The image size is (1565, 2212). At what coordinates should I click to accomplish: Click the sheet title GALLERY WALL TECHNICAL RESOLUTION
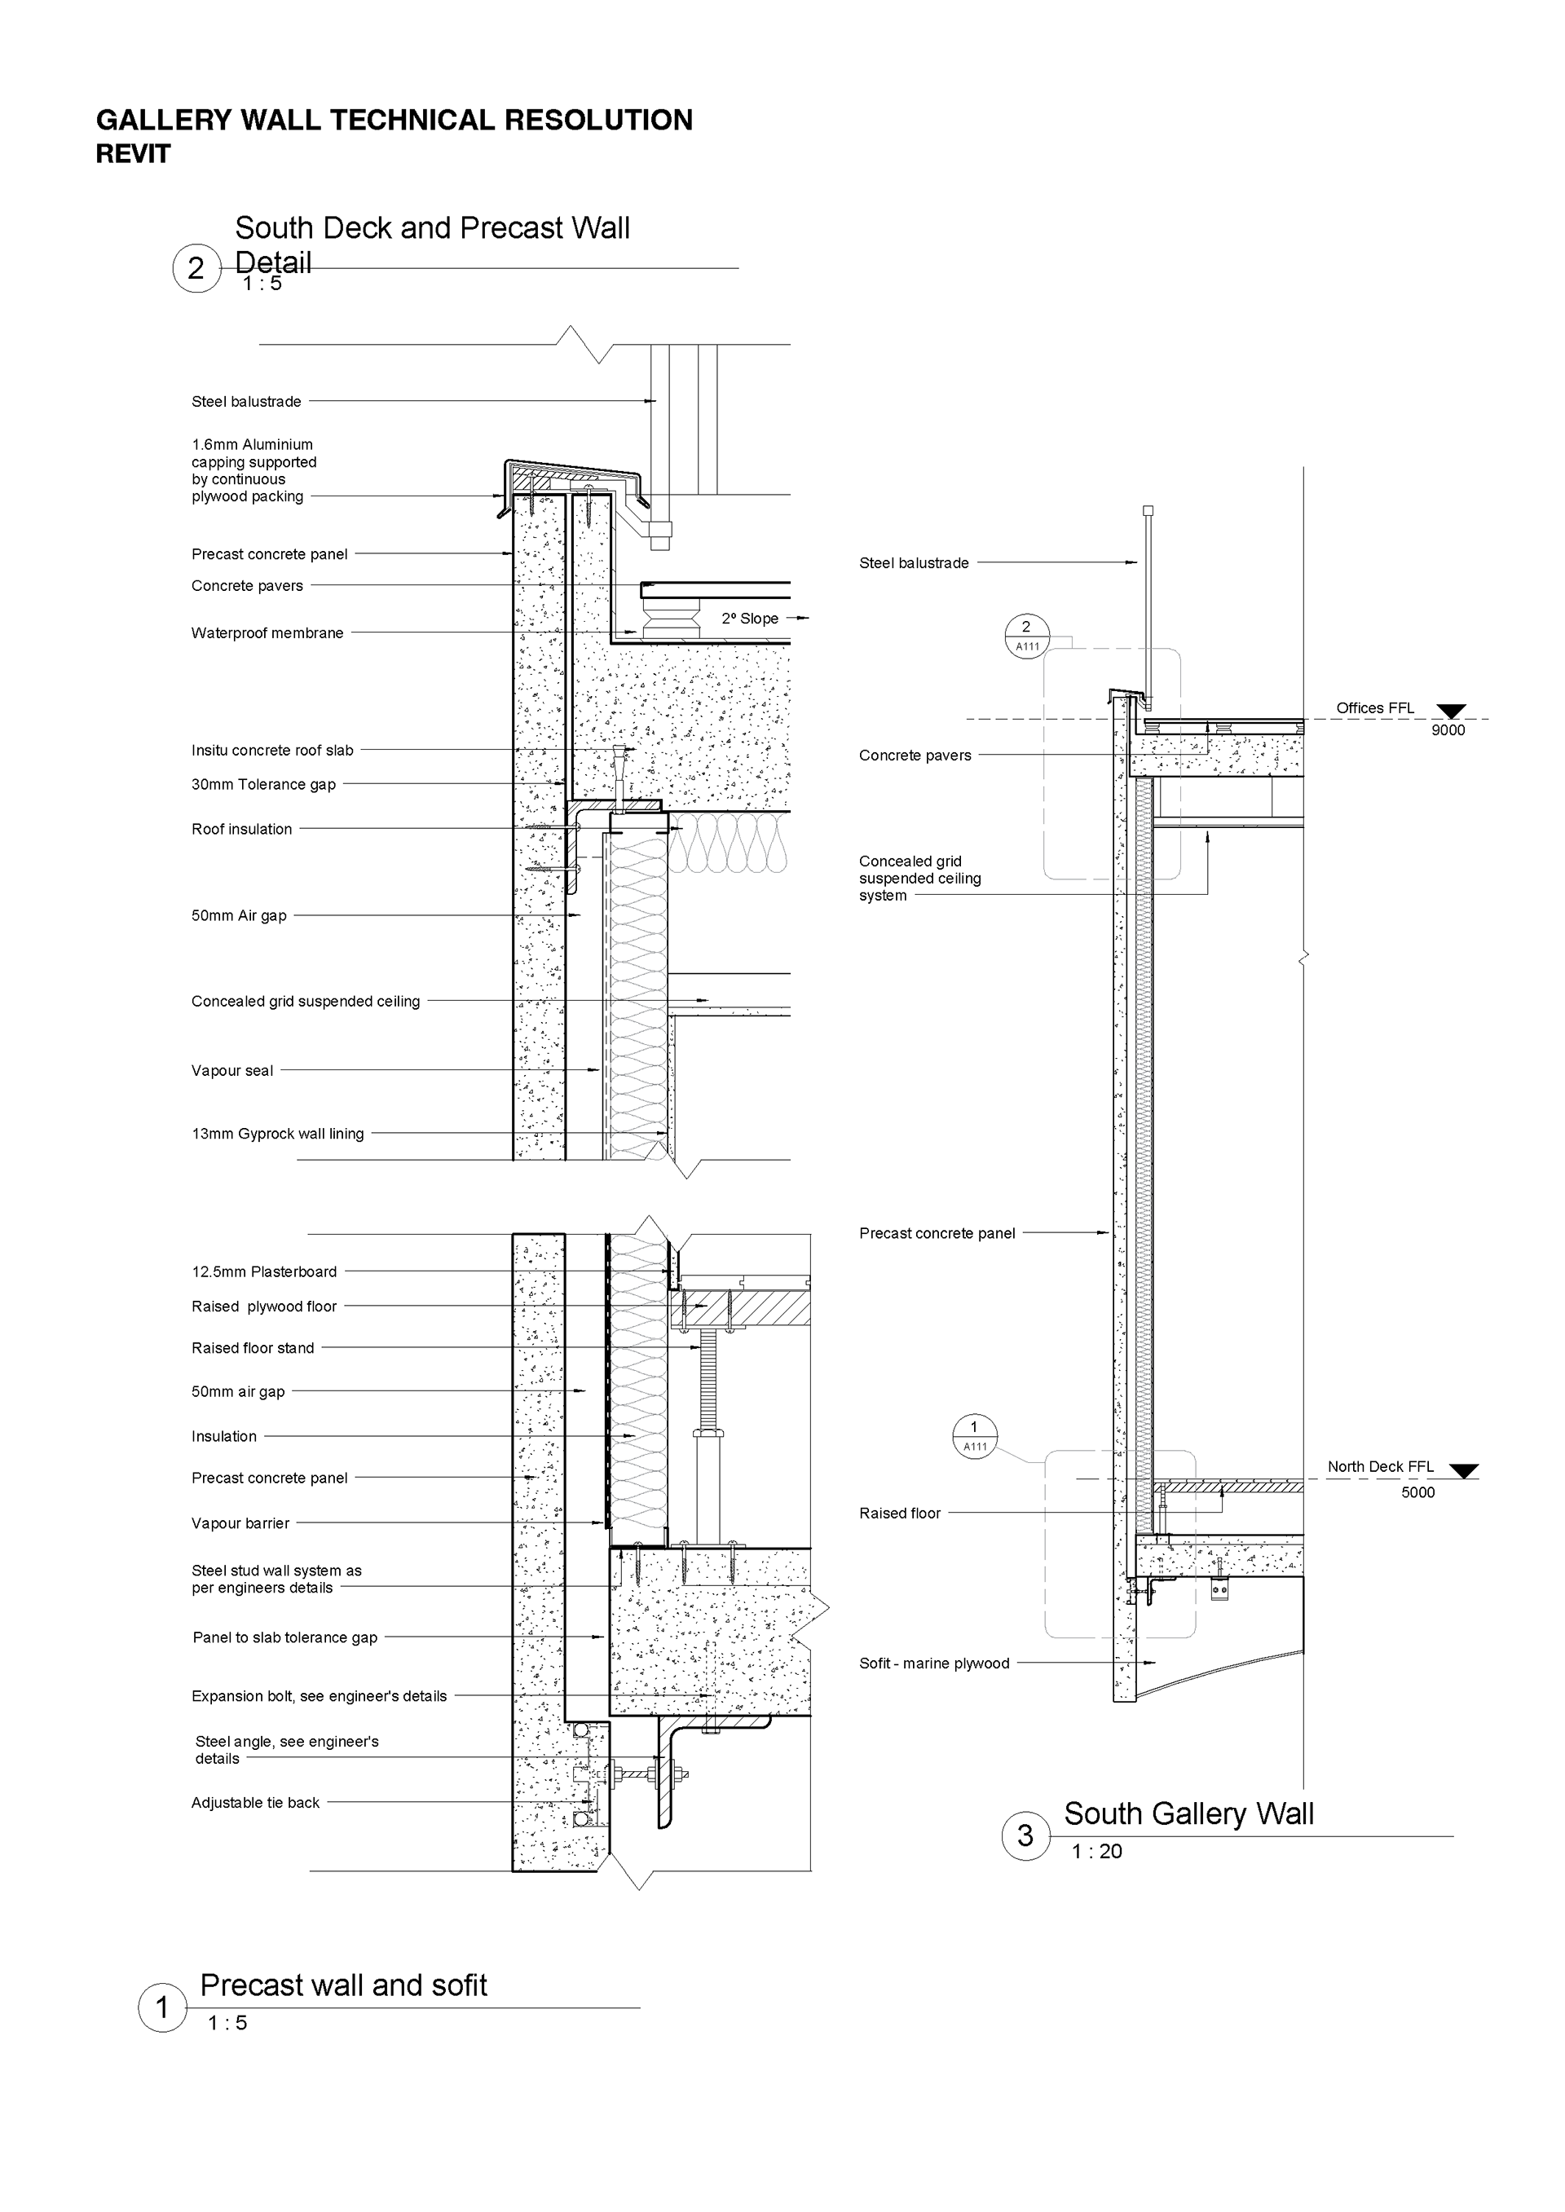395,121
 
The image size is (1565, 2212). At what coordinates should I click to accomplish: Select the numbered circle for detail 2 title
196,269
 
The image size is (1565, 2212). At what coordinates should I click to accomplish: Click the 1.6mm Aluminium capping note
253,470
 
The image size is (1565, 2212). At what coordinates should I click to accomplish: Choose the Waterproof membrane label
267,633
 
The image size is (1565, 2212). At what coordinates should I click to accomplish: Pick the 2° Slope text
750,619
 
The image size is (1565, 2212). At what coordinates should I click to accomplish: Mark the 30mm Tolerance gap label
263,784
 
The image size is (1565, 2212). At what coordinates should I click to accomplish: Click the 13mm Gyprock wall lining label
277,1134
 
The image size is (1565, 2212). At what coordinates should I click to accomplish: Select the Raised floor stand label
253,1348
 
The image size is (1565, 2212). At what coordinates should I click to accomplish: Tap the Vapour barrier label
240,1523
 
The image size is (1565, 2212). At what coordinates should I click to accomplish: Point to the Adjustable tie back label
255,1803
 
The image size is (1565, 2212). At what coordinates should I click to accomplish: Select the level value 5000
1417,1492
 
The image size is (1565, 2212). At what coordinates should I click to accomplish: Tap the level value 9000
1448,730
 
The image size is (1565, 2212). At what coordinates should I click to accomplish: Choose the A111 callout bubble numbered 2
1026,636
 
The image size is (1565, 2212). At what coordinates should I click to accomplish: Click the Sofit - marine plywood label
934,1663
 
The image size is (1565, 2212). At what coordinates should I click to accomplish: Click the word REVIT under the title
133,154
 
